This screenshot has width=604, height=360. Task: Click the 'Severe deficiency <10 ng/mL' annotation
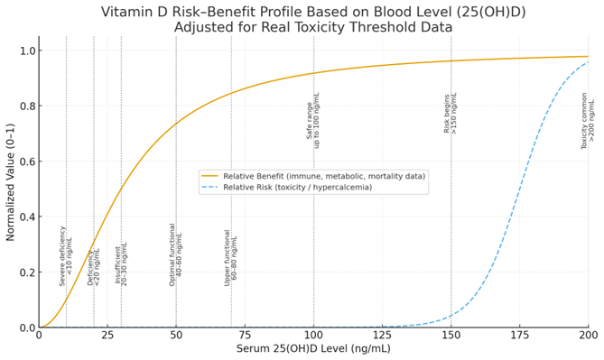66,256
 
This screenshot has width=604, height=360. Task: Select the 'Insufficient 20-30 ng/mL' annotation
121,264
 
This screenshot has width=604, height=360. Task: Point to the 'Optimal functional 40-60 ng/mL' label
176,255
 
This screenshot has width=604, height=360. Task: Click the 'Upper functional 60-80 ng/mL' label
231,257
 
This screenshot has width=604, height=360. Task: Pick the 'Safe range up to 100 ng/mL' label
313,120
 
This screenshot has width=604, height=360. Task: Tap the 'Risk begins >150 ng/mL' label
451,114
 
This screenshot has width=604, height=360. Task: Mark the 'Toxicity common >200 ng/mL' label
588,121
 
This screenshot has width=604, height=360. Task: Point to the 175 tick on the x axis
519,336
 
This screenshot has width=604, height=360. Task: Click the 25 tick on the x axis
107,336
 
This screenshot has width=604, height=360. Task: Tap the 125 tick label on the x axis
382,336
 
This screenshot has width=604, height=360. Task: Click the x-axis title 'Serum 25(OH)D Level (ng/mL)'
313,349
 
